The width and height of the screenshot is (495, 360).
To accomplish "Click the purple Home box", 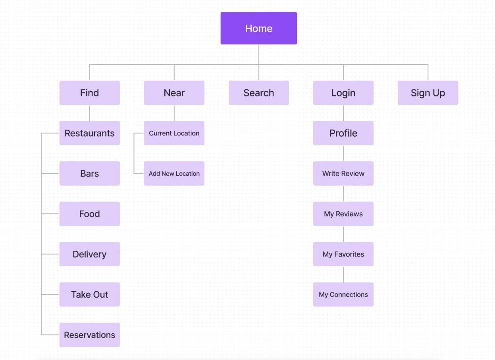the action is click(x=258, y=28).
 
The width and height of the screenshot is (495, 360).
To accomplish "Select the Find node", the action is click(x=89, y=93).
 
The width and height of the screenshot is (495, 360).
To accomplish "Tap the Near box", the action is click(x=174, y=93).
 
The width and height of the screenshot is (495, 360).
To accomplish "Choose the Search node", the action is click(x=258, y=93).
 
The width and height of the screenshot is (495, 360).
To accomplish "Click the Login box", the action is click(x=343, y=93).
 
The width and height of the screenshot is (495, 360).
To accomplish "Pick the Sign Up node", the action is click(x=428, y=93).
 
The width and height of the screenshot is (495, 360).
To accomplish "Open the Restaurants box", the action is click(x=89, y=133).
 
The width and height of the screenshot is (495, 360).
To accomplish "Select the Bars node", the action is click(x=89, y=173).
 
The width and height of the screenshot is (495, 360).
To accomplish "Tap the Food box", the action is click(x=89, y=214).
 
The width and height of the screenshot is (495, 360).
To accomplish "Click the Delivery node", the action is click(x=89, y=254).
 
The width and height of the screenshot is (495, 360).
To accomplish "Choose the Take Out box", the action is click(x=89, y=294).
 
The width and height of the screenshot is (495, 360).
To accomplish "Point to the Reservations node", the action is click(x=89, y=335).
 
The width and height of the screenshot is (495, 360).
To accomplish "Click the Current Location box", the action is click(x=174, y=133).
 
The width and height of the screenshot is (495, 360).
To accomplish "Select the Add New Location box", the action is click(x=174, y=173).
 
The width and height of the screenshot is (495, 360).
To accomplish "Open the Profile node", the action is click(x=343, y=133).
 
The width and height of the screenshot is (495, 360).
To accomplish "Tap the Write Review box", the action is click(x=343, y=173).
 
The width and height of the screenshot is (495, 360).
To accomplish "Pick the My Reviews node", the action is click(x=343, y=214).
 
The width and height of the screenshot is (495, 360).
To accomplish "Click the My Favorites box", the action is click(x=343, y=254).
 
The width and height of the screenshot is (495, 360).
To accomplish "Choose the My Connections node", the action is click(x=343, y=294).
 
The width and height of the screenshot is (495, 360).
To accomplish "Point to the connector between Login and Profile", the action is click(x=343, y=113).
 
